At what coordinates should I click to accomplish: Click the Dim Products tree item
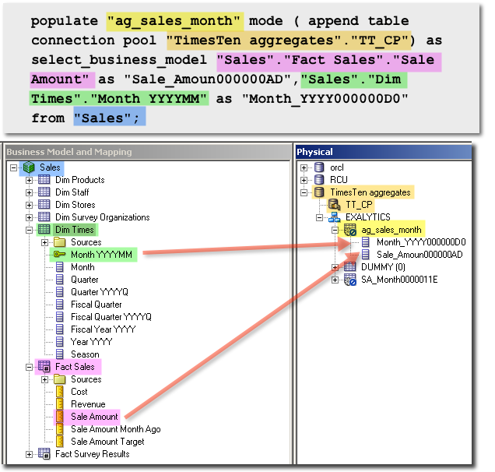(x=79, y=180)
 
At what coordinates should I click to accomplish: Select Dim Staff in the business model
(x=72, y=192)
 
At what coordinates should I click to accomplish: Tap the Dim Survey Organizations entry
(x=102, y=217)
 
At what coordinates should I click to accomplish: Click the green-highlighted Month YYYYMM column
(x=101, y=255)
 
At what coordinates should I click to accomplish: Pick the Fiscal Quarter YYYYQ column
(x=111, y=317)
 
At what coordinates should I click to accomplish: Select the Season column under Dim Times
(x=85, y=354)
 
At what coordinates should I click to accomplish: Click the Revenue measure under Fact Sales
(x=87, y=404)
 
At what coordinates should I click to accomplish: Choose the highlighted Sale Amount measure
(x=94, y=417)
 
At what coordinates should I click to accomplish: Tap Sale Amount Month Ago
(x=115, y=429)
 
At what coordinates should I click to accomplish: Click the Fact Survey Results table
(x=92, y=454)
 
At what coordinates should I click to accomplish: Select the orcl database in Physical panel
(x=336, y=167)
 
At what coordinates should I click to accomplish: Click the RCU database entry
(x=338, y=180)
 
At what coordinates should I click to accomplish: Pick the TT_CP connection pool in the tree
(x=360, y=205)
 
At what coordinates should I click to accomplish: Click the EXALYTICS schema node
(x=368, y=217)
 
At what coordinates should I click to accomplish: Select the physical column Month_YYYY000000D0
(x=421, y=242)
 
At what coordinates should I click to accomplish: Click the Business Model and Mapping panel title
(x=69, y=152)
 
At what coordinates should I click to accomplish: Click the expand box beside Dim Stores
(x=30, y=205)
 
